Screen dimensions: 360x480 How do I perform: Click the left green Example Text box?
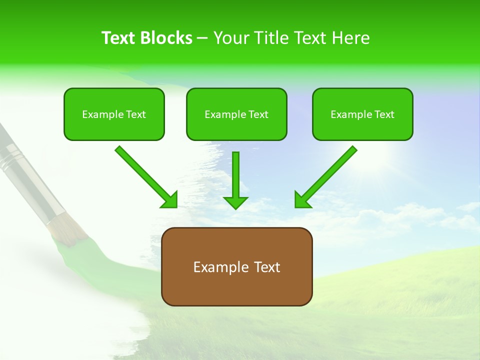click(x=114, y=114)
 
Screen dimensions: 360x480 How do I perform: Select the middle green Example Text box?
click(x=236, y=114)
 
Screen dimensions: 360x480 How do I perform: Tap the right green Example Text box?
click(x=362, y=114)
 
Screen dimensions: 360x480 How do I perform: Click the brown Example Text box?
click(x=236, y=266)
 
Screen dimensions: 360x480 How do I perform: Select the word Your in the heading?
click(x=230, y=38)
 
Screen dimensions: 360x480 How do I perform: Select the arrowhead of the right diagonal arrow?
click(x=303, y=199)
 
